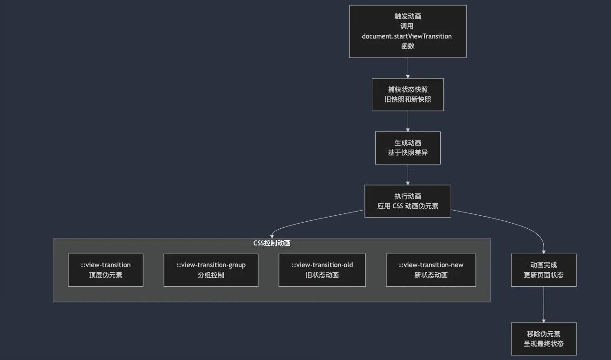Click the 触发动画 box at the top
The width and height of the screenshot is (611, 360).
coord(408,31)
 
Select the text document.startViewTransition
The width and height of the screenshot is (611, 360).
coord(407,36)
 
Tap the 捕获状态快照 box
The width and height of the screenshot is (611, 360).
coord(408,95)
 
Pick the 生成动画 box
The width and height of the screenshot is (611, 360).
coord(408,148)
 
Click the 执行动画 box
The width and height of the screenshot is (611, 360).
coord(408,201)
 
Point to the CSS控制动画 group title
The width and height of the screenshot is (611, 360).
coord(272,243)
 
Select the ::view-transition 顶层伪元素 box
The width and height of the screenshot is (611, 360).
coord(105,270)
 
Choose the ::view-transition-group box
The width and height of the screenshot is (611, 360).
coord(211,270)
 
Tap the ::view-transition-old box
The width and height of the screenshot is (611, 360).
coord(322,270)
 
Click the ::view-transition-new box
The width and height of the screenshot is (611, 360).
coord(431,270)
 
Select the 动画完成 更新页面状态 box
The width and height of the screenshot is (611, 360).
coord(544,270)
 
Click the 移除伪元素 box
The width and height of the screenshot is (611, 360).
coord(544,339)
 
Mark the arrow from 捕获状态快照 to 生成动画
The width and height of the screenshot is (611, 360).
coord(408,121)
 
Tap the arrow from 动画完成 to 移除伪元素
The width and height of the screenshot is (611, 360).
coord(544,304)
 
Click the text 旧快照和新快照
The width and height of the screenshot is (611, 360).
coord(408,99)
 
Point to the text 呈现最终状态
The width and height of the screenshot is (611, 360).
coord(544,344)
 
